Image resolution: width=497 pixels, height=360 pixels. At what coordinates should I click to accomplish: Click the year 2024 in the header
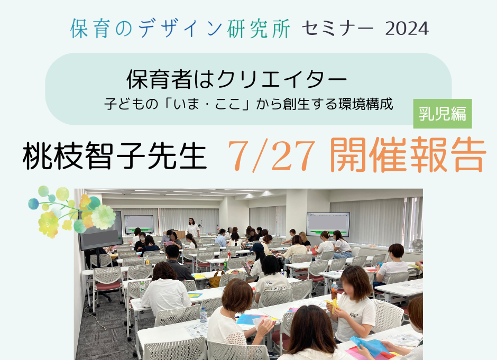tap(407, 29)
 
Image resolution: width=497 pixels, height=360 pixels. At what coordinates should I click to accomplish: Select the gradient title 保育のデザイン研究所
tap(180, 29)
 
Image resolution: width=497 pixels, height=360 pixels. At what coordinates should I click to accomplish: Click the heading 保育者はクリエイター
tap(237, 79)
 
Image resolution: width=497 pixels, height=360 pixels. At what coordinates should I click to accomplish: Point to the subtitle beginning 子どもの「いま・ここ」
tap(248, 104)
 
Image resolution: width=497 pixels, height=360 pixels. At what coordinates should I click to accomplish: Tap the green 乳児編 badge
tap(443, 114)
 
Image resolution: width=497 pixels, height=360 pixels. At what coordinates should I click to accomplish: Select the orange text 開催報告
tap(408, 155)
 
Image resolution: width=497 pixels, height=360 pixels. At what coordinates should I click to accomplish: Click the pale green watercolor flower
tap(103, 217)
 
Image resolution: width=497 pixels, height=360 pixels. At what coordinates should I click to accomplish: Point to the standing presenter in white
tap(192, 227)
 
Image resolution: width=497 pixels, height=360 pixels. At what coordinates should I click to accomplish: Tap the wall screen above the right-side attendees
tap(328, 224)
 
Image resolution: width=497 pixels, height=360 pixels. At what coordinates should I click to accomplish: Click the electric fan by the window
tap(417, 245)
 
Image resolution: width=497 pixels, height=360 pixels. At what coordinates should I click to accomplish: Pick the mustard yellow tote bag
tap(216, 279)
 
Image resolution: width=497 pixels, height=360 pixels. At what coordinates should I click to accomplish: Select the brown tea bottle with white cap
tap(334, 291)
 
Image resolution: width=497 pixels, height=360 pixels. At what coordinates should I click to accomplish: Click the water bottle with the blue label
tap(203, 315)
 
